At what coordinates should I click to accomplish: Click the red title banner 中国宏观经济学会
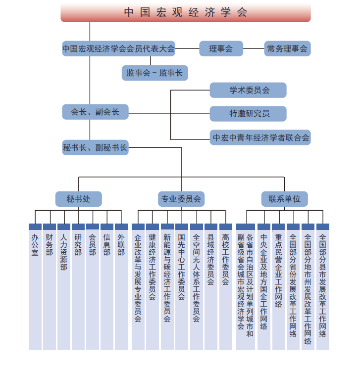[186, 12]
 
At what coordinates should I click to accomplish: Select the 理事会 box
[221, 48]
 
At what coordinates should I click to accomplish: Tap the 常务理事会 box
[287, 48]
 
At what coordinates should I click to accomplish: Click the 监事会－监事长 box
[154, 73]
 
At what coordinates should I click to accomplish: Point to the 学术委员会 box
[248, 91]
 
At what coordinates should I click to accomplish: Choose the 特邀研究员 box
[248, 113]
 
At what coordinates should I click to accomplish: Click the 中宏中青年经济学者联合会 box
[261, 137]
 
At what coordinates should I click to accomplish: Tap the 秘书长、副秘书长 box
[95, 147]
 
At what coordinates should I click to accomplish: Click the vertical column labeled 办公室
[35, 287]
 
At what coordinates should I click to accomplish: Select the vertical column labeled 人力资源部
[63, 287]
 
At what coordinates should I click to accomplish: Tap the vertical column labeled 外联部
[121, 287]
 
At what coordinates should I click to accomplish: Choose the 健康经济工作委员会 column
[153, 287]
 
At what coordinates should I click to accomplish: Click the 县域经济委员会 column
[210, 287]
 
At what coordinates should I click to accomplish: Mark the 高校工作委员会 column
[225, 287]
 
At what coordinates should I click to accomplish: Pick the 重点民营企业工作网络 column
[278, 287]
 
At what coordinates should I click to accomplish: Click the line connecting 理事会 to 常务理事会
[254, 48]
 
